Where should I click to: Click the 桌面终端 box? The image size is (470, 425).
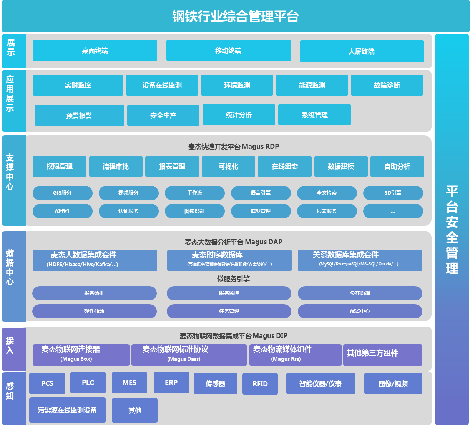click(95, 50)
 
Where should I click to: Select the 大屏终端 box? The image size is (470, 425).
click(362, 51)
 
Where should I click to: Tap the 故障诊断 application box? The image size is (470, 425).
click(387, 85)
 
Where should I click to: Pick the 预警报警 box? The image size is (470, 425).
click(79, 115)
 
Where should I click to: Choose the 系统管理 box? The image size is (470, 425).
click(314, 115)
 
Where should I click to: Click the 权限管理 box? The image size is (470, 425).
click(60, 166)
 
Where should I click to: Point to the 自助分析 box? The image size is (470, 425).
click(397, 166)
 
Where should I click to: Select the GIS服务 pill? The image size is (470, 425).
click(62, 193)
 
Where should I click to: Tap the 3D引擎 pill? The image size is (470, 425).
click(393, 193)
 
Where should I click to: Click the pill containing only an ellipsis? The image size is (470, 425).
click(393, 211)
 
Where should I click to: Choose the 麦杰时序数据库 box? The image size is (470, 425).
click(229, 260)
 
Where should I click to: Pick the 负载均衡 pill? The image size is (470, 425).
click(360, 293)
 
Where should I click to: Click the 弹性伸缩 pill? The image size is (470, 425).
click(94, 311)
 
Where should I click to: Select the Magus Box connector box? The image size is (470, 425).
click(81, 355)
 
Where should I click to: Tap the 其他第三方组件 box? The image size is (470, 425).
click(382, 355)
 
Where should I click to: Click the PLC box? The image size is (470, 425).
click(88, 383)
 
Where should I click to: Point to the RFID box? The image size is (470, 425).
click(260, 383)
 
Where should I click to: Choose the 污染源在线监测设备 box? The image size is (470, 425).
click(67, 410)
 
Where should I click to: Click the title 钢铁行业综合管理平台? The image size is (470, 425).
click(235, 17)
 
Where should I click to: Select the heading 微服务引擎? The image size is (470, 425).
click(233, 278)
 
